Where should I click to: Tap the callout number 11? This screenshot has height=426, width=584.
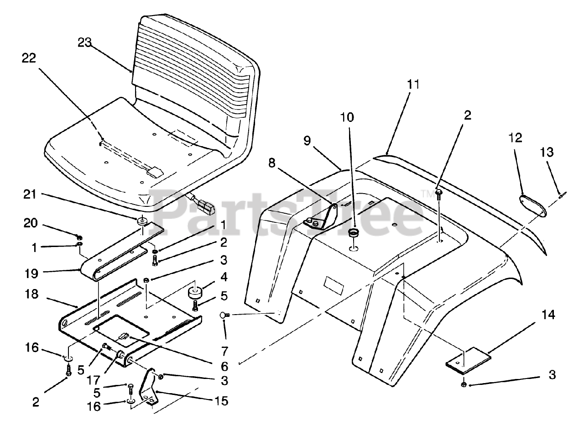point(413,84)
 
